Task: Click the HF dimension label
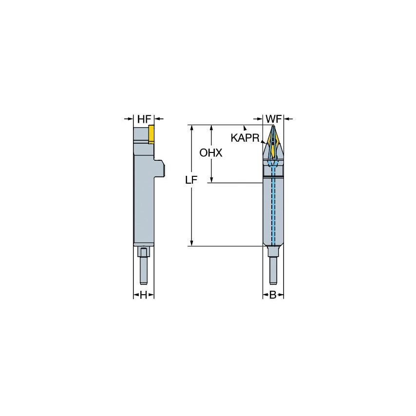coord(144,118)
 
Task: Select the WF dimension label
coord(273,118)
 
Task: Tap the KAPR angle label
coord(245,138)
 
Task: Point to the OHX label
coord(210,153)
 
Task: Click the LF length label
coord(191,180)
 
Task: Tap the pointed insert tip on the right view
coord(273,128)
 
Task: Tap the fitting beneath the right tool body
coord(273,252)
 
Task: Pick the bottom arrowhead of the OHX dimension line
coord(211,180)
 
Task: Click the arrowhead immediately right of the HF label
coord(158,118)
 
